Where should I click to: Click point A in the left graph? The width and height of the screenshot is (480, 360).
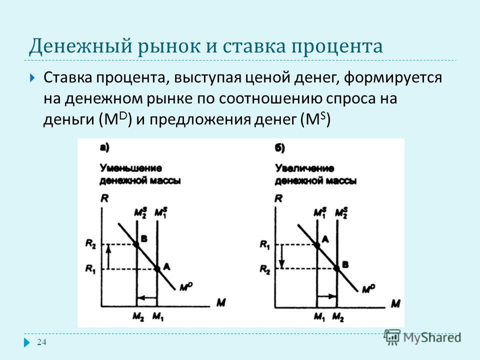[157, 269]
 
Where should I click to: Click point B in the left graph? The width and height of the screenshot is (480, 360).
[136, 244]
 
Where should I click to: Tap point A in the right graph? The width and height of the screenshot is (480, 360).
[317, 245]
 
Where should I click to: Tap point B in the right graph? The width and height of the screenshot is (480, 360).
[337, 268]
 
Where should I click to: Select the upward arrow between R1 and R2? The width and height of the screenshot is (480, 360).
[108, 257]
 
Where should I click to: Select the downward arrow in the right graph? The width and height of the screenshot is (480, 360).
[282, 256]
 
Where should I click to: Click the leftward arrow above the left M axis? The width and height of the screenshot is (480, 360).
[147, 297]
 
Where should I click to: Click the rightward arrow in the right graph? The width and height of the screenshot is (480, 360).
[327, 296]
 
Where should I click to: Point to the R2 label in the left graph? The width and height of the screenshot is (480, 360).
[90, 244]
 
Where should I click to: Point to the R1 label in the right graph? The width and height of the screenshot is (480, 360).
[265, 244]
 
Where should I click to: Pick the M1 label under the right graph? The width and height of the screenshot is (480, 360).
[319, 317]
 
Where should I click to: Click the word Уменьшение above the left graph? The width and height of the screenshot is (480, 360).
[130, 168]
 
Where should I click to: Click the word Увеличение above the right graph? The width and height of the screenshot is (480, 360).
[304, 168]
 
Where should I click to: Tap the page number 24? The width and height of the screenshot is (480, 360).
[41, 342]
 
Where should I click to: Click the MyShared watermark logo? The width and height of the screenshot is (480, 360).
[423, 337]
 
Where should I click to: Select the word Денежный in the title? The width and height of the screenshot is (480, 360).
[81, 46]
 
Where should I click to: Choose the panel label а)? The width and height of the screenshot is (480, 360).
[104, 148]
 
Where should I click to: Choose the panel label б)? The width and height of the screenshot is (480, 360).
[279, 148]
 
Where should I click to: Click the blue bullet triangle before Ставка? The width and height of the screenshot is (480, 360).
[33, 78]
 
